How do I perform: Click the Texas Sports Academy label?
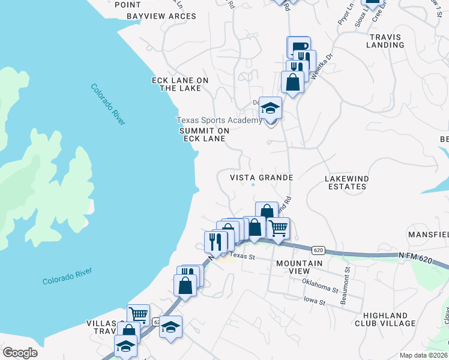point(218,120)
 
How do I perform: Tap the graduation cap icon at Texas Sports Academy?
point(270,108)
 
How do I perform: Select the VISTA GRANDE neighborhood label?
point(262,178)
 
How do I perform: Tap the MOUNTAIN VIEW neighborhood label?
point(299,267)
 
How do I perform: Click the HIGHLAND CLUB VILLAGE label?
point(389,319)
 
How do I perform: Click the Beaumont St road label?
point(345,287)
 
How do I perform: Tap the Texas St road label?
point(243,256)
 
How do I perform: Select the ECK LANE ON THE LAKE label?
point(180,84)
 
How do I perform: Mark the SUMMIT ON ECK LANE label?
point(201,134)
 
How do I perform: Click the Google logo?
point(20,353)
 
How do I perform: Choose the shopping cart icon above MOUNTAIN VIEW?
point(278,228)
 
